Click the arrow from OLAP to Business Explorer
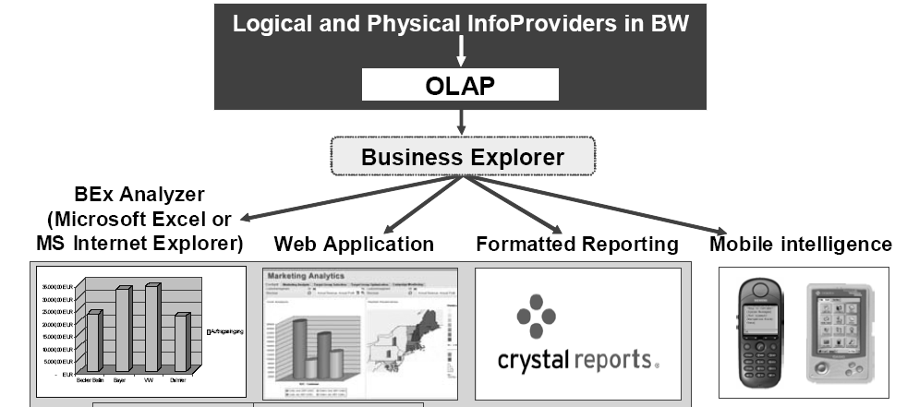(460, 121)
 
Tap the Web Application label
(354, 245)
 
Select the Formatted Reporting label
(577, 245)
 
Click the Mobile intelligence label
(801, 245)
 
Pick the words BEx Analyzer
(139, 195)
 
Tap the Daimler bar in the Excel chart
(181, 343)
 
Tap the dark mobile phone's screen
(760, 318)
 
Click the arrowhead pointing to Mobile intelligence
(719, 232)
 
